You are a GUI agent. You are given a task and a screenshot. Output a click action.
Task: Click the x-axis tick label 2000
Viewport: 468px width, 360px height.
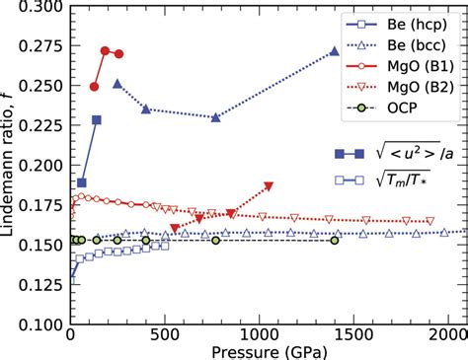(446, 335)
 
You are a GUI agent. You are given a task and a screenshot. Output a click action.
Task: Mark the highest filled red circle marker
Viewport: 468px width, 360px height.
(105, 50)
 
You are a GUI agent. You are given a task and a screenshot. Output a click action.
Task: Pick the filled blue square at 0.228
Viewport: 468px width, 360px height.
(97, 120)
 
